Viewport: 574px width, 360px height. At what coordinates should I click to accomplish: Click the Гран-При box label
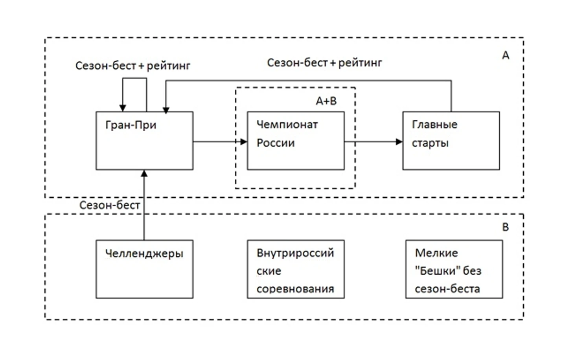click(131, 125)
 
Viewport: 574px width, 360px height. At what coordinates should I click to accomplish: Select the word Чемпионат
click(287, 125)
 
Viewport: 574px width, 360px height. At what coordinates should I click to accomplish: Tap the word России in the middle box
click(276, 143)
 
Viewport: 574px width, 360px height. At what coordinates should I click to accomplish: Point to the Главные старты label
click(434, 134)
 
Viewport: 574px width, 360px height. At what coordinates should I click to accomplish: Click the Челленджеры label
click(144, 253)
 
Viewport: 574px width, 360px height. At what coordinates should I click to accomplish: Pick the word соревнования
click(295, 289)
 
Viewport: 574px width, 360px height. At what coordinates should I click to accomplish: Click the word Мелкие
click(436, 253)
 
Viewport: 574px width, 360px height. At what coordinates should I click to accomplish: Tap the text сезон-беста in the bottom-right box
click(447, 289)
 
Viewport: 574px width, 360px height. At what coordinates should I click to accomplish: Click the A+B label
click(326, 101)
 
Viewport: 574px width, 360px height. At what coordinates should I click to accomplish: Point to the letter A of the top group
click(506, 55)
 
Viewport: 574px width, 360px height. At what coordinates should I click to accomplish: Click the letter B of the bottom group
click(506, 227)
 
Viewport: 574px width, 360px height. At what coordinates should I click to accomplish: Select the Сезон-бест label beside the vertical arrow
click(110, 205)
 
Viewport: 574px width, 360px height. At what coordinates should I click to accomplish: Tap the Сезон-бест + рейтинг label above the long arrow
click(324, 63)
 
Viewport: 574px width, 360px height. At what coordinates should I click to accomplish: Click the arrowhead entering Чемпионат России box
click(244, 142)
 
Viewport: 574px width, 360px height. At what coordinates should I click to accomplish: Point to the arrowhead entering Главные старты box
click(399, 142)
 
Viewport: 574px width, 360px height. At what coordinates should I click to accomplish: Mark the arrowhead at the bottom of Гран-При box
click(144, 173)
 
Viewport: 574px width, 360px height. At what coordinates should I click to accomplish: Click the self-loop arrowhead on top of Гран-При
click(123, 108)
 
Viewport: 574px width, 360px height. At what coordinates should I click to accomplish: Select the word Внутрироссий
click(295, 253)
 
